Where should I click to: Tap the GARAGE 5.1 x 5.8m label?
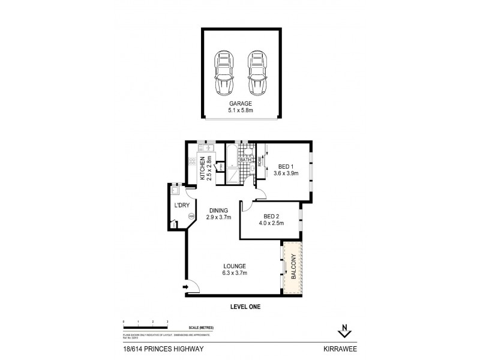pyautogui.click(x=240, y=107)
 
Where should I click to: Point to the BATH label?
pyautogui.click(x=245, y=160)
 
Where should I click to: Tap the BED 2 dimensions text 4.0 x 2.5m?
pyautogui.click(x=271, y=223)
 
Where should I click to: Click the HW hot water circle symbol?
pyautogui.click(x=191, y=216)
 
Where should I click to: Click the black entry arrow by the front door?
pyautogui.click(x=187, y=287)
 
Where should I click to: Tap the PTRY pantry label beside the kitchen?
pyautogui.click(x=220, y=175)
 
